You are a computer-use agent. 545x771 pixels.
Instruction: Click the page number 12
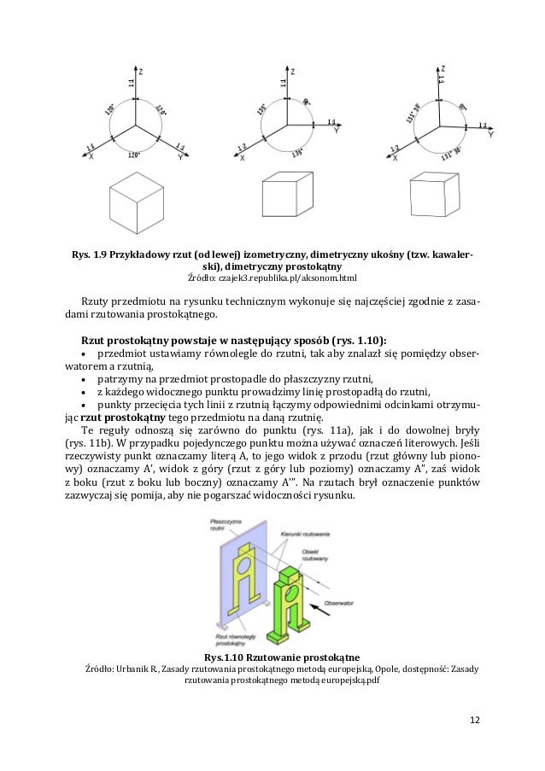tap(475, 719)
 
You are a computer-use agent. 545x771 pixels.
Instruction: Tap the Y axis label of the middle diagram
tap(336, 132)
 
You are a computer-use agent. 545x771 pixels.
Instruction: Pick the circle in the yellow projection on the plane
tap(246, 564)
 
